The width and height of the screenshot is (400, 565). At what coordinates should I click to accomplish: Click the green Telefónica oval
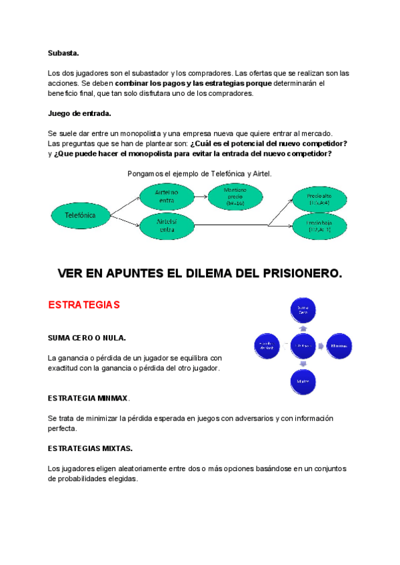click(80, 215)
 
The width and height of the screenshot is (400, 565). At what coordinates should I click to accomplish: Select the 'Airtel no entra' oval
click(167, 195)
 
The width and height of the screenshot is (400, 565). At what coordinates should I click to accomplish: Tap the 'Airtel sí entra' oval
click(167, 225)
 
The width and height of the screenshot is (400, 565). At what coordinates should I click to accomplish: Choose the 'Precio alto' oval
click(319, 199)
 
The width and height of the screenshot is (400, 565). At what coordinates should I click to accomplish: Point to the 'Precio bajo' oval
click(319, 225)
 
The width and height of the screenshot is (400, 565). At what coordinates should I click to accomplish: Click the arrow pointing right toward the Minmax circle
click(321, 345)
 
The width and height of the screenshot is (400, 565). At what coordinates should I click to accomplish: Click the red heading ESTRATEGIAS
click(83, 304)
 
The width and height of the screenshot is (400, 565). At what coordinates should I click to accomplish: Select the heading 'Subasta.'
click(63, 53)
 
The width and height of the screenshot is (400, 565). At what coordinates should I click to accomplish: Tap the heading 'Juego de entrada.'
click(79, 113)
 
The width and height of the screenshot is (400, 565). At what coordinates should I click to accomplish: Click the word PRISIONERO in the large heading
click(288, 273)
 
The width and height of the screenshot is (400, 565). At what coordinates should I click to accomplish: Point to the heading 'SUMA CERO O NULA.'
click(87, 338)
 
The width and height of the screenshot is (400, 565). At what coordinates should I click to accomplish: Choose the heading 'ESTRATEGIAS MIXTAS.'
click(90, 448)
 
